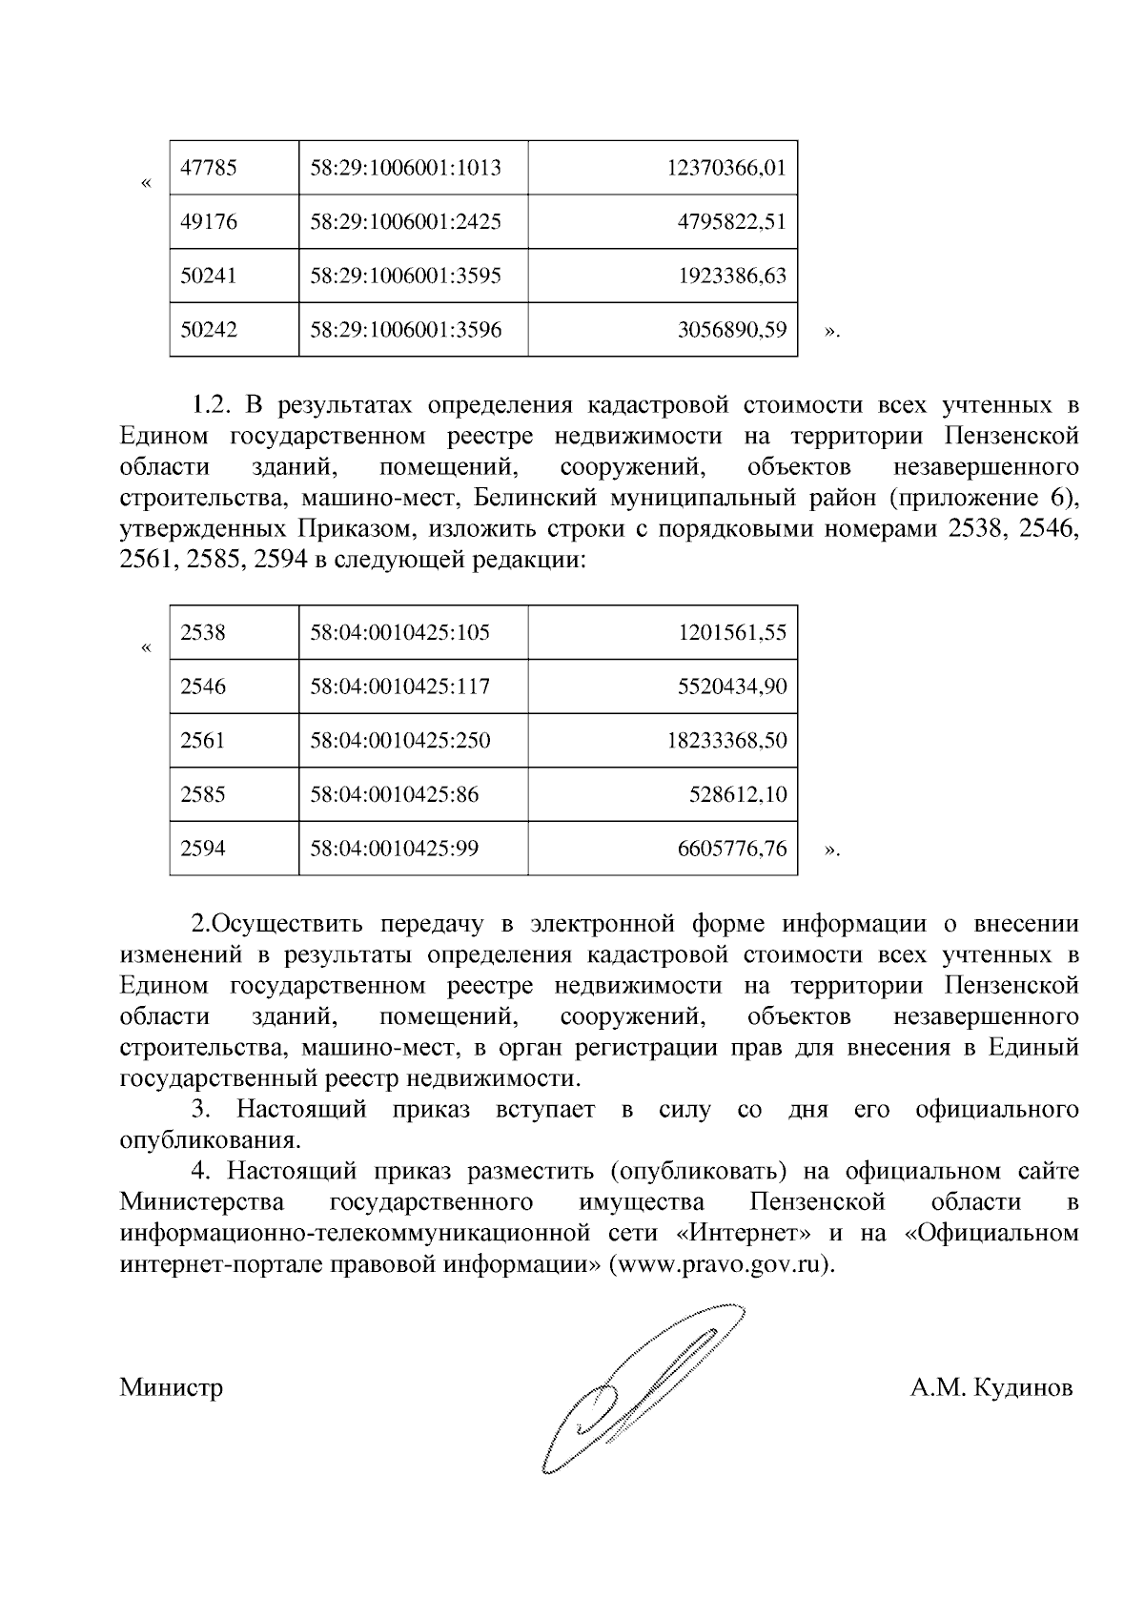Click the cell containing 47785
click(209, 168)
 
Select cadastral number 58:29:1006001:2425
click(405, 222)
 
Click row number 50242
click(209, 330)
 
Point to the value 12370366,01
click(726, 168)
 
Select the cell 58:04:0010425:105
click(399, 632)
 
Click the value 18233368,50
click(726, 741)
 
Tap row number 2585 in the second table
click(203, 794)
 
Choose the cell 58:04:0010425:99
click(394, 849)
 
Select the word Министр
click(172, 1386)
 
